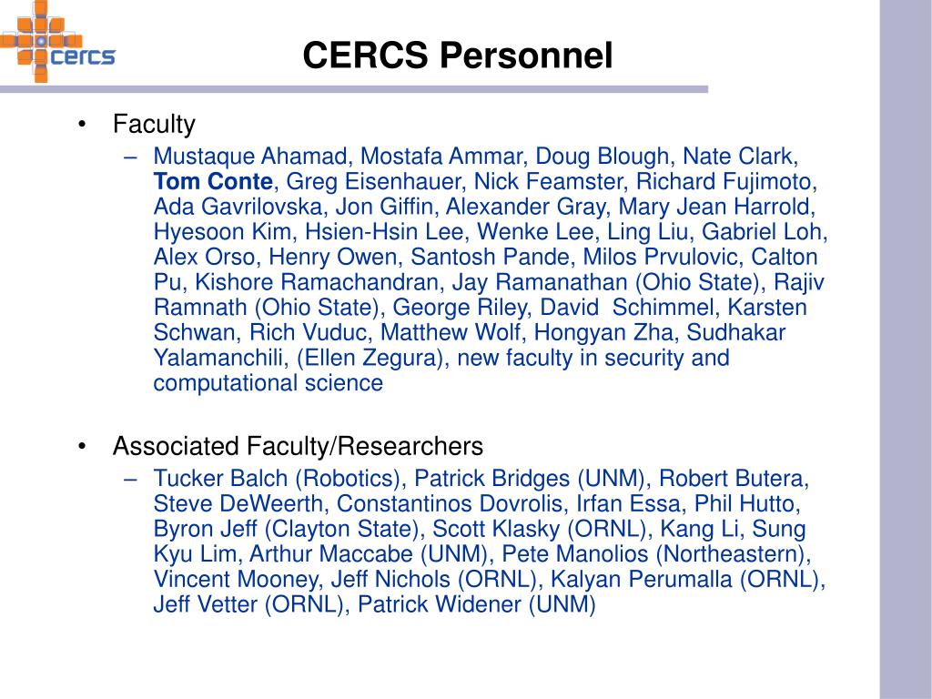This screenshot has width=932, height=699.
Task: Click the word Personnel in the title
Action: tap(526, 56)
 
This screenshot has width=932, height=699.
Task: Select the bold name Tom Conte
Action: tap(213, 181)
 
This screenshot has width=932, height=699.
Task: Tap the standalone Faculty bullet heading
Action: tap(154, 124)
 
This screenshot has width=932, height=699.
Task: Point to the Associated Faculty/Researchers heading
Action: tap(298, 446)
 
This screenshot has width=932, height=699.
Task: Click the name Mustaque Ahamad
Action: tap(249, 157)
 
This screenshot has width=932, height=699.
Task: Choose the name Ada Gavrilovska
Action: tap(238, 207)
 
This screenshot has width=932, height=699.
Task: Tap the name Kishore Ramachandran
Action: tap(316, 282)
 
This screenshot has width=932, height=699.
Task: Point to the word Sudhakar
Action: tap(735, 332)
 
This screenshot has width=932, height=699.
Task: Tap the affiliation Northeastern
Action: tap(731, 554)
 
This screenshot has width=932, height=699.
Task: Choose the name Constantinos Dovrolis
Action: tap(450, 503)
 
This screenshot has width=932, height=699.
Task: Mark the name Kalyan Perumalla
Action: tap(642, 579)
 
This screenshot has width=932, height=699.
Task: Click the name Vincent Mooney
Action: tap(235, 580)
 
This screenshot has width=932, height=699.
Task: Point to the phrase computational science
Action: tap(268, 383)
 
